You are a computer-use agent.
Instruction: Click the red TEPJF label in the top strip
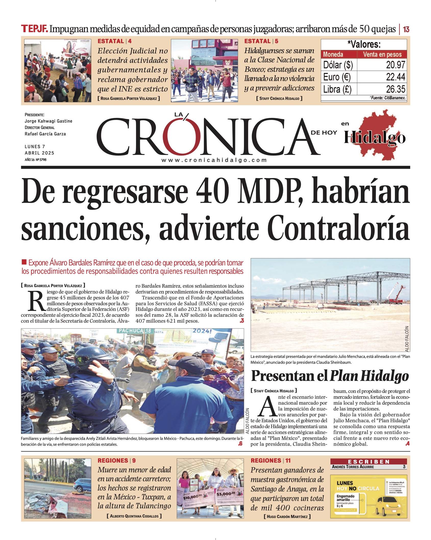[34, 29]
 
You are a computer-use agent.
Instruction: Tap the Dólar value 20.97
[395, 65]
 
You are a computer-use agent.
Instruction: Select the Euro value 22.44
[395, 77]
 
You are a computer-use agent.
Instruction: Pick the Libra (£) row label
[337, 89]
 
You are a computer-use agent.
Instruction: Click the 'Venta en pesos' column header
[382, 54]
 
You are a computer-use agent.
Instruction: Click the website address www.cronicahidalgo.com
[214, 160]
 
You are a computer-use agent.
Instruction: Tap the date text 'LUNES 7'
[35, 146]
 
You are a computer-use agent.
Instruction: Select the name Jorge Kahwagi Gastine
[48, 121]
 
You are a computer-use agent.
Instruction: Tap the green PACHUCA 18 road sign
[134, 331]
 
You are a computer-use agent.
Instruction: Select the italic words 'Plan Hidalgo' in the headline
[369, 376]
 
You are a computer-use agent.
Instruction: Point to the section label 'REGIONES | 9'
[117, 461]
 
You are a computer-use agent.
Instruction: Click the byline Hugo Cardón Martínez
[287, 516]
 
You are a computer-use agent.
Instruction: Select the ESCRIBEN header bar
[368, 462]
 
